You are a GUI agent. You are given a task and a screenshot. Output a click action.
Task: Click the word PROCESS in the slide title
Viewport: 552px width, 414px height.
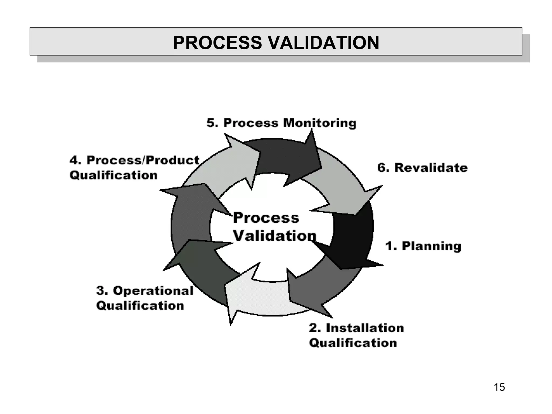click(217, 43)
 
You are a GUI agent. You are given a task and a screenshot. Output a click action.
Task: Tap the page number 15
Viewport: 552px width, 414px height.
click(499, 387)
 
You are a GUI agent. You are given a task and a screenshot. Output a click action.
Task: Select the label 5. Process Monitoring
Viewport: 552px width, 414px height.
click(281, 123)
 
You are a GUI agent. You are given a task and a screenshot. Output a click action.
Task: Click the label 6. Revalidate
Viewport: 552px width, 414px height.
click(422, 168)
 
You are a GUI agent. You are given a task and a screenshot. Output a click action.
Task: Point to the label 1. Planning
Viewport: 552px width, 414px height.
click(423, 246)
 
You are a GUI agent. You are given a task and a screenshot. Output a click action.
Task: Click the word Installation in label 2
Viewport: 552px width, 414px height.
click(365, 328)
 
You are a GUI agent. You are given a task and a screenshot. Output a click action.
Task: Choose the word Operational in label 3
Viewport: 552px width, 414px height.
click(153, 291)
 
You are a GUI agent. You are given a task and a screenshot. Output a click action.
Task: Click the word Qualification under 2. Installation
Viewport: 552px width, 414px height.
click(353, 343)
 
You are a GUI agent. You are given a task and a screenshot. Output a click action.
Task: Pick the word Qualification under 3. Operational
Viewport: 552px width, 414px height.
click(140, 306)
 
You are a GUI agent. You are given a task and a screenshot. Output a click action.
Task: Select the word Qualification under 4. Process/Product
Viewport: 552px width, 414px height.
click(113, 175)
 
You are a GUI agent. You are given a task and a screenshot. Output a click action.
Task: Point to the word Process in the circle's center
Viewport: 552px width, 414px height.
click(266, 218)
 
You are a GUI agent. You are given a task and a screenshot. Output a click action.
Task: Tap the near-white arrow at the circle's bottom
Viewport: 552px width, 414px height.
click(256, 296)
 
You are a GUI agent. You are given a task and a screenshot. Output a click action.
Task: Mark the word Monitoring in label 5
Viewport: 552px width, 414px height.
click(320, 123)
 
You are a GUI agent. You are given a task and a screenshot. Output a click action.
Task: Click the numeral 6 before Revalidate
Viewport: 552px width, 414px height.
click(381, 168)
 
